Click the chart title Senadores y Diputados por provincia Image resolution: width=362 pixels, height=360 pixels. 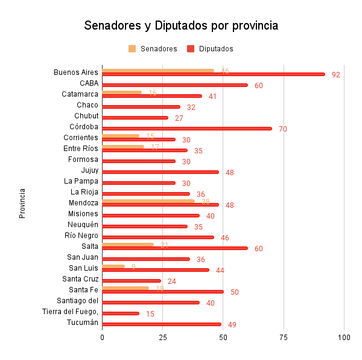(181, 26)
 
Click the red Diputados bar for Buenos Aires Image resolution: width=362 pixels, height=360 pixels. (213, 74)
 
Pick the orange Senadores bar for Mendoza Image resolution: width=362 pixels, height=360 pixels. (148, 201)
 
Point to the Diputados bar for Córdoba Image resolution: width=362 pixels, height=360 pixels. (187, 129)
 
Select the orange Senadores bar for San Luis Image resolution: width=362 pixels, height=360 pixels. (113, 266)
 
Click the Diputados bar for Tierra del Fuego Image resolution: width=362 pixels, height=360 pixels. (121, 313)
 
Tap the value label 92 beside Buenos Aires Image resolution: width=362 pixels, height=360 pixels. (336, 75)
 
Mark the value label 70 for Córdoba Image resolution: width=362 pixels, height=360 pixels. (283, 129)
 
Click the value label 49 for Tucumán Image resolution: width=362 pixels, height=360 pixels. (232, 325)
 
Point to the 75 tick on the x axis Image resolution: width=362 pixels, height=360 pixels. (284, 336)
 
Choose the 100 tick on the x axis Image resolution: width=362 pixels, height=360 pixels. (344, 336)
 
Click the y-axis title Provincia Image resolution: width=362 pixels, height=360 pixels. (22, 203)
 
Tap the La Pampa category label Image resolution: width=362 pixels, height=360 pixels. (81, 181)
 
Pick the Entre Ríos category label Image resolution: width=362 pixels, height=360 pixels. (81, 149)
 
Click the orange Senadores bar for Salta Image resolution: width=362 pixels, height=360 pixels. (128, 244)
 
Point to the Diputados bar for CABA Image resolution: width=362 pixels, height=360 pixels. (175, 85)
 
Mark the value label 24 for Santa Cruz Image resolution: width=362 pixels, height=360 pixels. (172, 281)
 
